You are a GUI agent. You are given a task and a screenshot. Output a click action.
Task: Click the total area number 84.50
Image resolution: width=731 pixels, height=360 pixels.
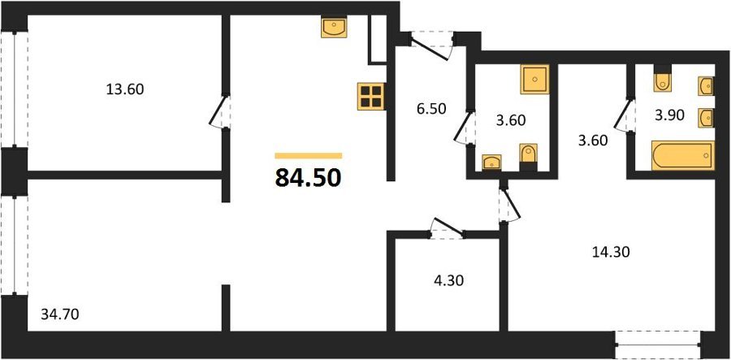point(308,178)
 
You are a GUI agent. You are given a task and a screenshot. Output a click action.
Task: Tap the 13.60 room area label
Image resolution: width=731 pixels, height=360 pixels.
point(125,89)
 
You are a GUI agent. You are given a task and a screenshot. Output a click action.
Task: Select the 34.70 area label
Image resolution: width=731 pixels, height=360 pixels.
point(59,314)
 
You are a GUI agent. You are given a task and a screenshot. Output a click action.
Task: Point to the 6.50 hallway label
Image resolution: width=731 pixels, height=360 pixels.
point(430,109)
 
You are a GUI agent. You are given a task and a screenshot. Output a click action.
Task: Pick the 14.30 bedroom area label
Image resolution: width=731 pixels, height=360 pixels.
point(611,252)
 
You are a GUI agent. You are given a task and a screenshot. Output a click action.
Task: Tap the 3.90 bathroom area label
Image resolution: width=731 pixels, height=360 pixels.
point(669,116)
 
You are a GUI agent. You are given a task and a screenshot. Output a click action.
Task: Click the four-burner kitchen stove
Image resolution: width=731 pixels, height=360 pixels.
point(371,97)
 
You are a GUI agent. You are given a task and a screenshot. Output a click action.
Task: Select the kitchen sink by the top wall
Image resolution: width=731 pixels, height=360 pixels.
point(335,28)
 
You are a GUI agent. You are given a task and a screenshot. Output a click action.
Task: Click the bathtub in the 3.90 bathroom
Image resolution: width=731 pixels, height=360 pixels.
point(683,155)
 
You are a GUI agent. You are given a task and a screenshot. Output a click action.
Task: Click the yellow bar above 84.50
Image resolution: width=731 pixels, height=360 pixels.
point(309,156)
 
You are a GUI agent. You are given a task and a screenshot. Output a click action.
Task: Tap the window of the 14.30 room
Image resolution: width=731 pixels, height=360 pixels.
point(658,345)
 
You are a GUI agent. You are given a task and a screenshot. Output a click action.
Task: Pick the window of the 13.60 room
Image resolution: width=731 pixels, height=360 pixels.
point(14,89)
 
